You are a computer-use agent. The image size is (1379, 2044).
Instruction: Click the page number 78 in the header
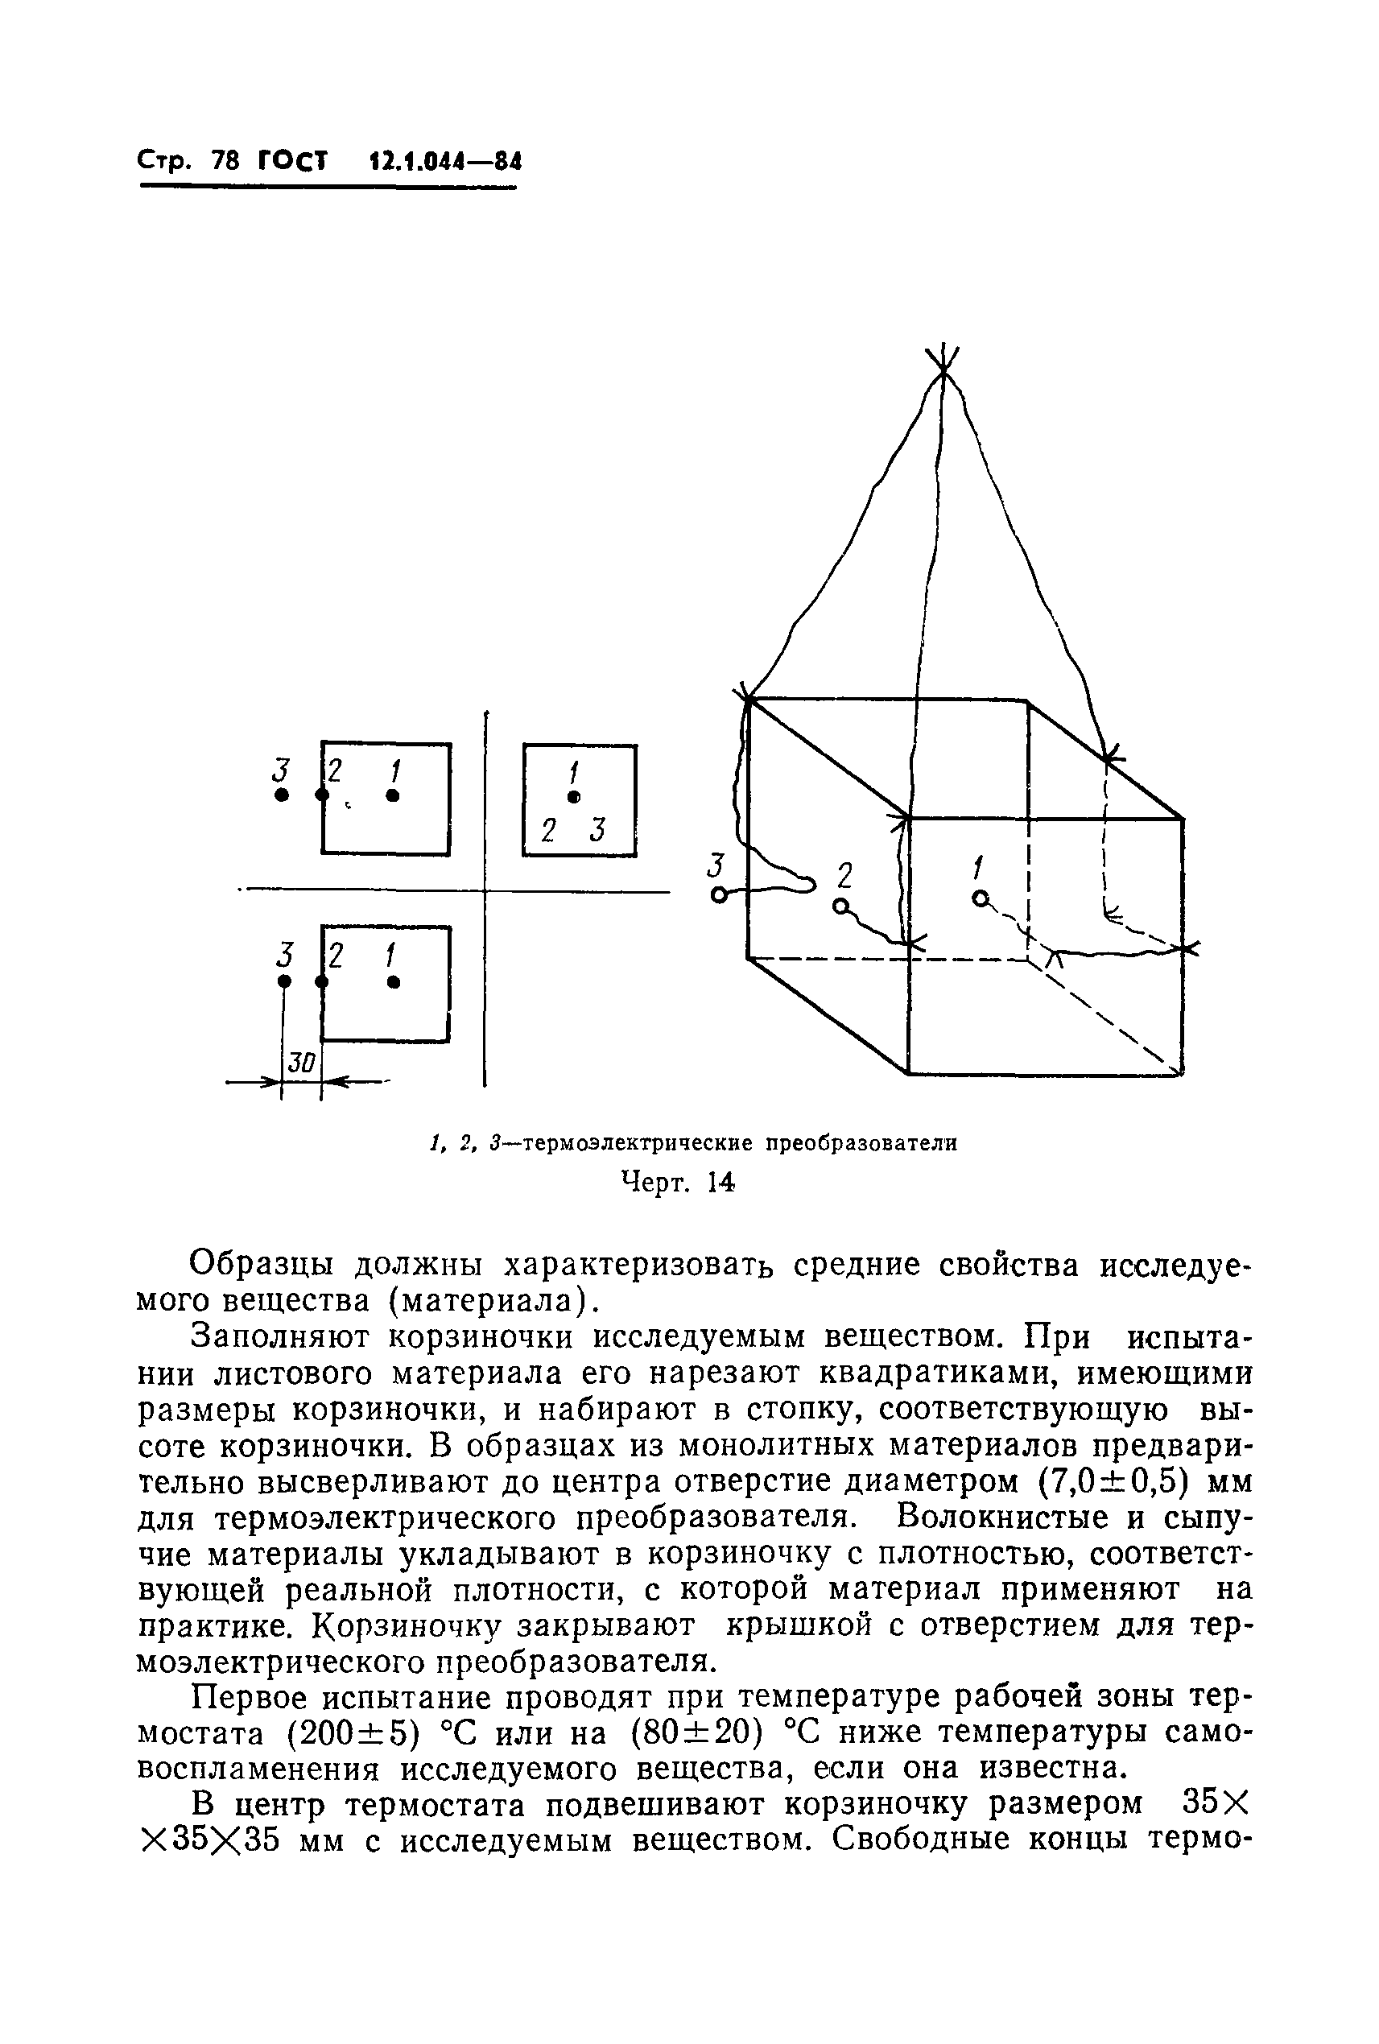(x=226, y=161)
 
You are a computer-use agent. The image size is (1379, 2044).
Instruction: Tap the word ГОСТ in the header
(x=292, y=161)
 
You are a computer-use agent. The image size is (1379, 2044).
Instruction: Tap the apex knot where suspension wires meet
(x=943, y=370)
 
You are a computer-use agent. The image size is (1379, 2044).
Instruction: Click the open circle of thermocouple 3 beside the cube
(x=719, y=895)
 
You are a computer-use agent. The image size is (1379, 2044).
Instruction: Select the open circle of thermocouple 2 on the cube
(x=840, y=906)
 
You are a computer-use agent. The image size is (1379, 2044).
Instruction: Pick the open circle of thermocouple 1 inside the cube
(x=979, y=897)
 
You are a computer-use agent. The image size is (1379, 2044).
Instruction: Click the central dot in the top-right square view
(x=574, y=797)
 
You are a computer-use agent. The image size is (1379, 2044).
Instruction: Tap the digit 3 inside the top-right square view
(x=599, y=829)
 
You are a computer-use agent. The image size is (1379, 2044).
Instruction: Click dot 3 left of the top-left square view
(x=282, y=795)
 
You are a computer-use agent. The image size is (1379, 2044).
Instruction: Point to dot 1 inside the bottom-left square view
(x=394, y=981)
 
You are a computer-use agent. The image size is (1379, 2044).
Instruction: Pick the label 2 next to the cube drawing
(x=845, y=876)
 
